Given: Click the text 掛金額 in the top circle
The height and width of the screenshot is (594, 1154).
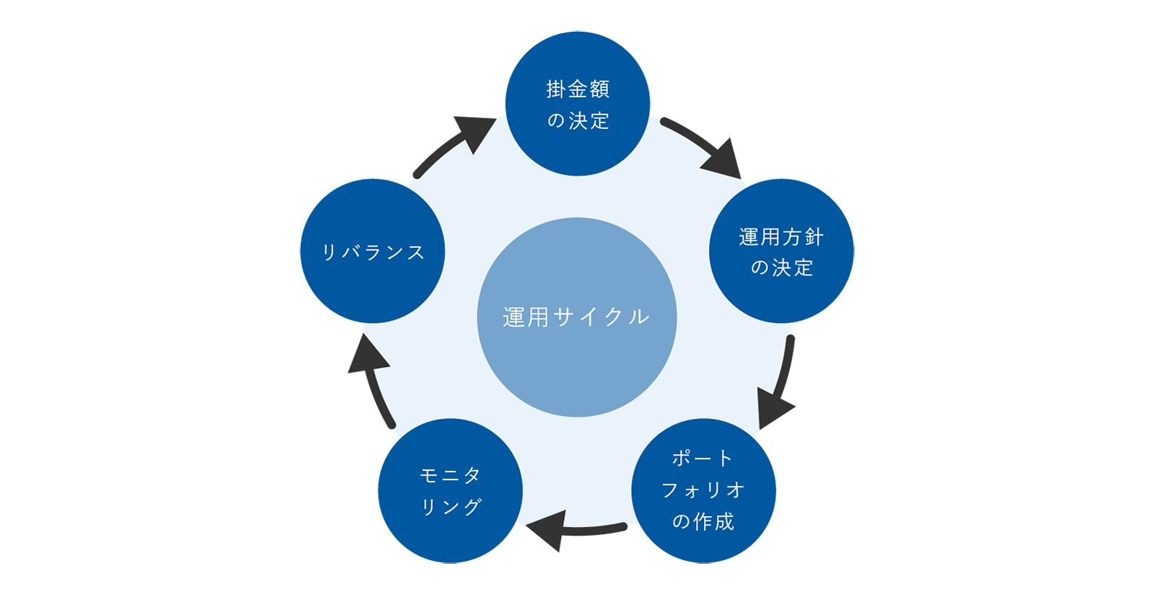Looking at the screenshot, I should (x=578, y=89).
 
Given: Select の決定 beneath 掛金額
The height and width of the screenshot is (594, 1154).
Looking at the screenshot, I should (x=578, y=120).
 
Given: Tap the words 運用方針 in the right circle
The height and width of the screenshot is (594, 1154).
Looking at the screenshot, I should (x=781, y=236).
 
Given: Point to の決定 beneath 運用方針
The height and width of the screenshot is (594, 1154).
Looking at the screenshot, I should (x=782, y=267).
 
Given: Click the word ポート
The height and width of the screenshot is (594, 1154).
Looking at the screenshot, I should (x=702, y=458).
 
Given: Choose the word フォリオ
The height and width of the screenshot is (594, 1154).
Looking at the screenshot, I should (x=703, y=489).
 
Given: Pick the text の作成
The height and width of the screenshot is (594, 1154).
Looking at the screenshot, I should (x=703, y=521).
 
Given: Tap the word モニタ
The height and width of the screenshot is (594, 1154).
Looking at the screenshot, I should (x=451, y=475).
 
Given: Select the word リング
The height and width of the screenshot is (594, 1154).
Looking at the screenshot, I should (x=451, y=507).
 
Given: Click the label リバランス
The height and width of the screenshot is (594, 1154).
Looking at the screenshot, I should (x=373, y=252).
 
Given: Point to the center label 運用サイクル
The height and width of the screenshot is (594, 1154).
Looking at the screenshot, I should (x=577, y=317).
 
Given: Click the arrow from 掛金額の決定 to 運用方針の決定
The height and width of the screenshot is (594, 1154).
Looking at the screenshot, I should (x=703, y=137).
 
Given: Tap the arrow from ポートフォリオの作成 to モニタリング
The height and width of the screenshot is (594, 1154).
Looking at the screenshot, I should (x=577, y=537).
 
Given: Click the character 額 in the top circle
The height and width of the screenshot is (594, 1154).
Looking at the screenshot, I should (x=599, y=89).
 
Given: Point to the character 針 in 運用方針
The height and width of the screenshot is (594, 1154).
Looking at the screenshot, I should (x=814, y=236).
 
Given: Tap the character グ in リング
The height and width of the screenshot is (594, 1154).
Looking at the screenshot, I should (x=472, y=507).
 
